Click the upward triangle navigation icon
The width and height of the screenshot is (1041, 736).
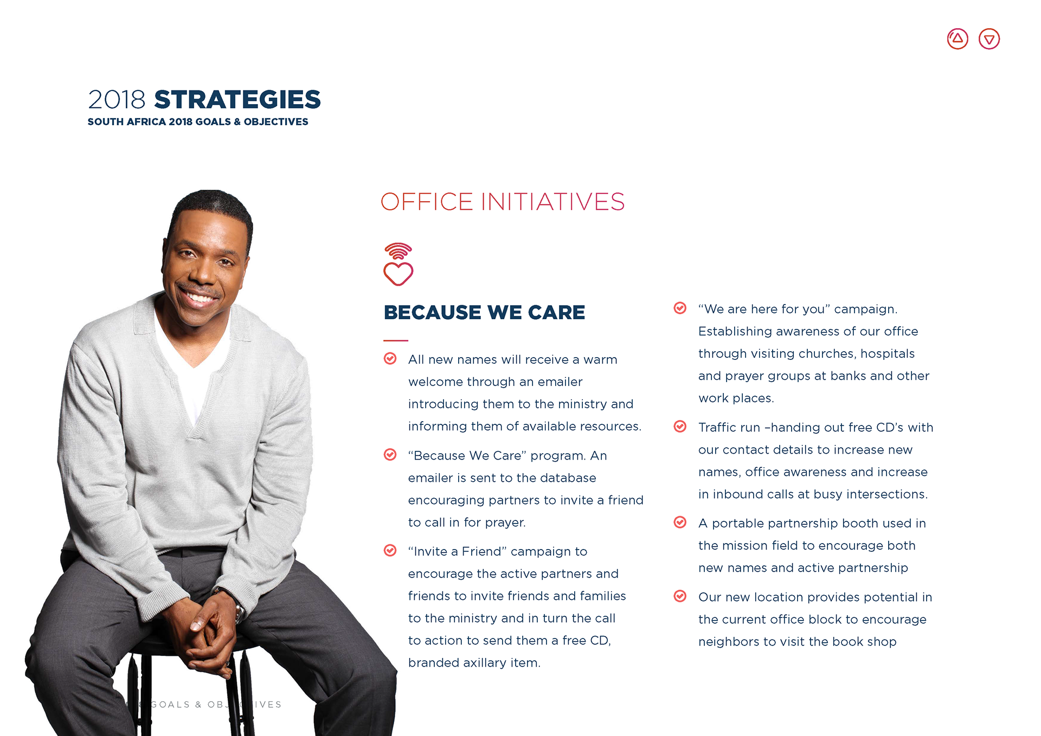[958, 39]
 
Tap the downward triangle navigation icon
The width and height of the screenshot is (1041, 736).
[989, 39]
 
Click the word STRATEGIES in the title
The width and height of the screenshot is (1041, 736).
[237, 100]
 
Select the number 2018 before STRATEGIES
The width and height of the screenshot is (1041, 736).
[117, 100]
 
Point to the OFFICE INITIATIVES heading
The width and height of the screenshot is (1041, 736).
[503, 202]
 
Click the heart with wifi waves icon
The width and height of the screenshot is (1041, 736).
[399, 264]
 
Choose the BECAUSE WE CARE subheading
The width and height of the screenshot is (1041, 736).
[484, 313]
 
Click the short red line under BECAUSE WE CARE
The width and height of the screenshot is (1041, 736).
[396, 340]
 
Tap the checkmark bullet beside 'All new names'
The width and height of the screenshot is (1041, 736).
[390, 358]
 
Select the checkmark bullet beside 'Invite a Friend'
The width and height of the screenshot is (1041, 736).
[390, 551]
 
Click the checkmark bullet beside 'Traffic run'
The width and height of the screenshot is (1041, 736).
[680, 427]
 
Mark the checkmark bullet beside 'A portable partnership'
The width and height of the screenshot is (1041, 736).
[680, 522]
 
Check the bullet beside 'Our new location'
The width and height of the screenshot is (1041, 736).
[680, 596]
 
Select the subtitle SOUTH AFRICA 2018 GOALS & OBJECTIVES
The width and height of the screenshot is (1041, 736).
[198, 122]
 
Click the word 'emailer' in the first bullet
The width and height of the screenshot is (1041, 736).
[560, 382]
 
